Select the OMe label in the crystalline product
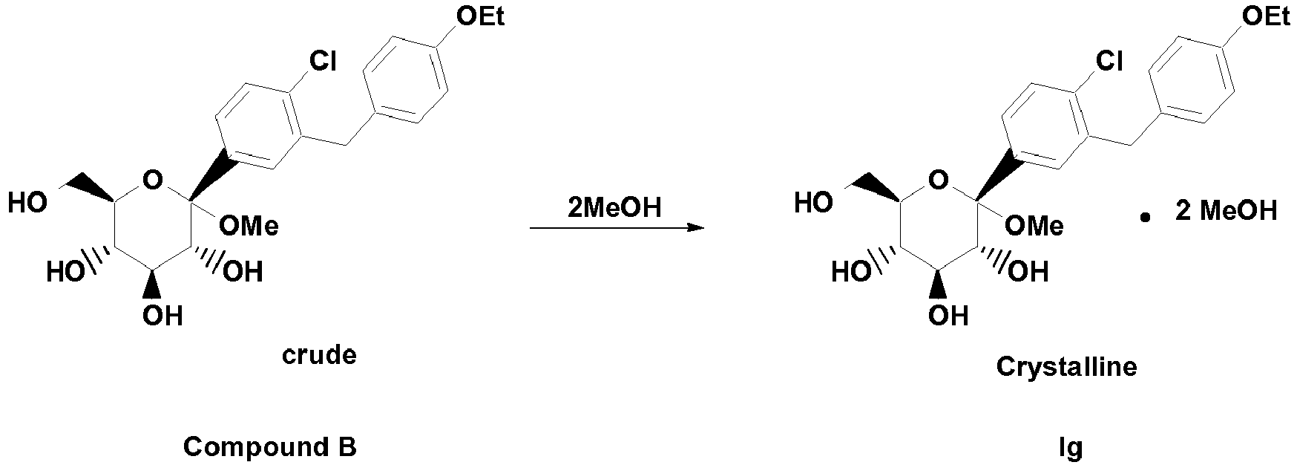point(1035,226)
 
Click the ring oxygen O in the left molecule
point(152,180)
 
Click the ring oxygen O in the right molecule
point(938,180)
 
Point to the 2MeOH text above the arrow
point(614,208)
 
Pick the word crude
point(319,356)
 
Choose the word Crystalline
point(1066,367)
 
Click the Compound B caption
point(270,448)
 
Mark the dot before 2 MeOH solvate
point(1146,218)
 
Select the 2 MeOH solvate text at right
point(1226,212)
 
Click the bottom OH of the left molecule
point(162,316)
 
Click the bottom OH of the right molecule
point(948,316)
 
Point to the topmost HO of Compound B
point(28,203)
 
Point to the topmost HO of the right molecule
point(814,203)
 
